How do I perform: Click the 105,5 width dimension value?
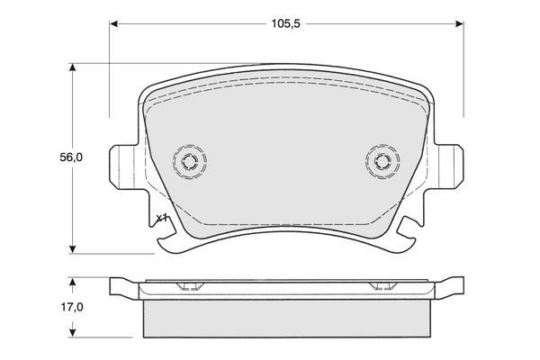286,23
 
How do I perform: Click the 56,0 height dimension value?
71,157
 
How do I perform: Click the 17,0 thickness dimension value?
72,307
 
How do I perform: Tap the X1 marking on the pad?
161,219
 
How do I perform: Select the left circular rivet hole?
190,161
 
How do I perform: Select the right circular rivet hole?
382,161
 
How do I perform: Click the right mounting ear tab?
449,166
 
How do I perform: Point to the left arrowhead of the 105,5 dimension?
114,23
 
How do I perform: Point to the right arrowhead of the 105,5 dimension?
459,23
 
